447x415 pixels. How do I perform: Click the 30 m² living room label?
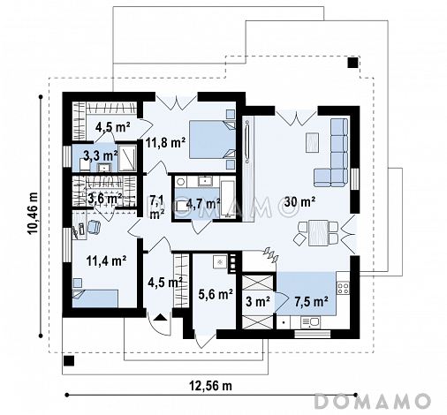point(299,202)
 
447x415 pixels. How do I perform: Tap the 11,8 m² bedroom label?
point(165,143)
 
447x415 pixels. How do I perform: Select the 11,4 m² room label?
point(107,260)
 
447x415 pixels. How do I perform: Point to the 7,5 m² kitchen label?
point(312,301)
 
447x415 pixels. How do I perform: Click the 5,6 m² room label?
point(216,294)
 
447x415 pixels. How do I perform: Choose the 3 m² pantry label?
point(258,302)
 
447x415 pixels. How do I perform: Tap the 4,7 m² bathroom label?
point(203,204)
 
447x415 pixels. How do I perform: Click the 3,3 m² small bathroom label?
point(101,155)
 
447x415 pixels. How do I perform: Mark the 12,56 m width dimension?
point(210,386)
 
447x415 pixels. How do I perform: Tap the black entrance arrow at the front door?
point(159,317)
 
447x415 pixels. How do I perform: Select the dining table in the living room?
point(318,232)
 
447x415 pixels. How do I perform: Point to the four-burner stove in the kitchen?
point(343,288)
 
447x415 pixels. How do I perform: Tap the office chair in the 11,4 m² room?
point(94,227)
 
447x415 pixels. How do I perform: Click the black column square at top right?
point(352,63)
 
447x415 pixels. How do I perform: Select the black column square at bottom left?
point(69,360)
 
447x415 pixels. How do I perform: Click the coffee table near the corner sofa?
point(312,142)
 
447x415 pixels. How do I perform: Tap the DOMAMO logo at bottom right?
point(372,401)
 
